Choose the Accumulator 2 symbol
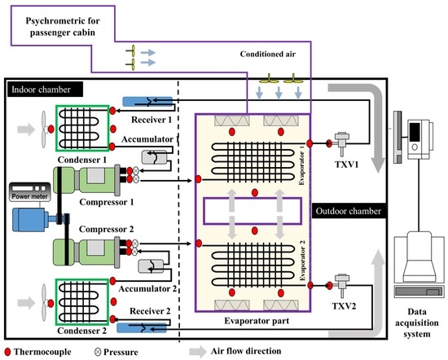click(x=152, y=267)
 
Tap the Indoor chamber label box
click(x=40, y=87)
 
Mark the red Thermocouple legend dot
click(x=7, y=351)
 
